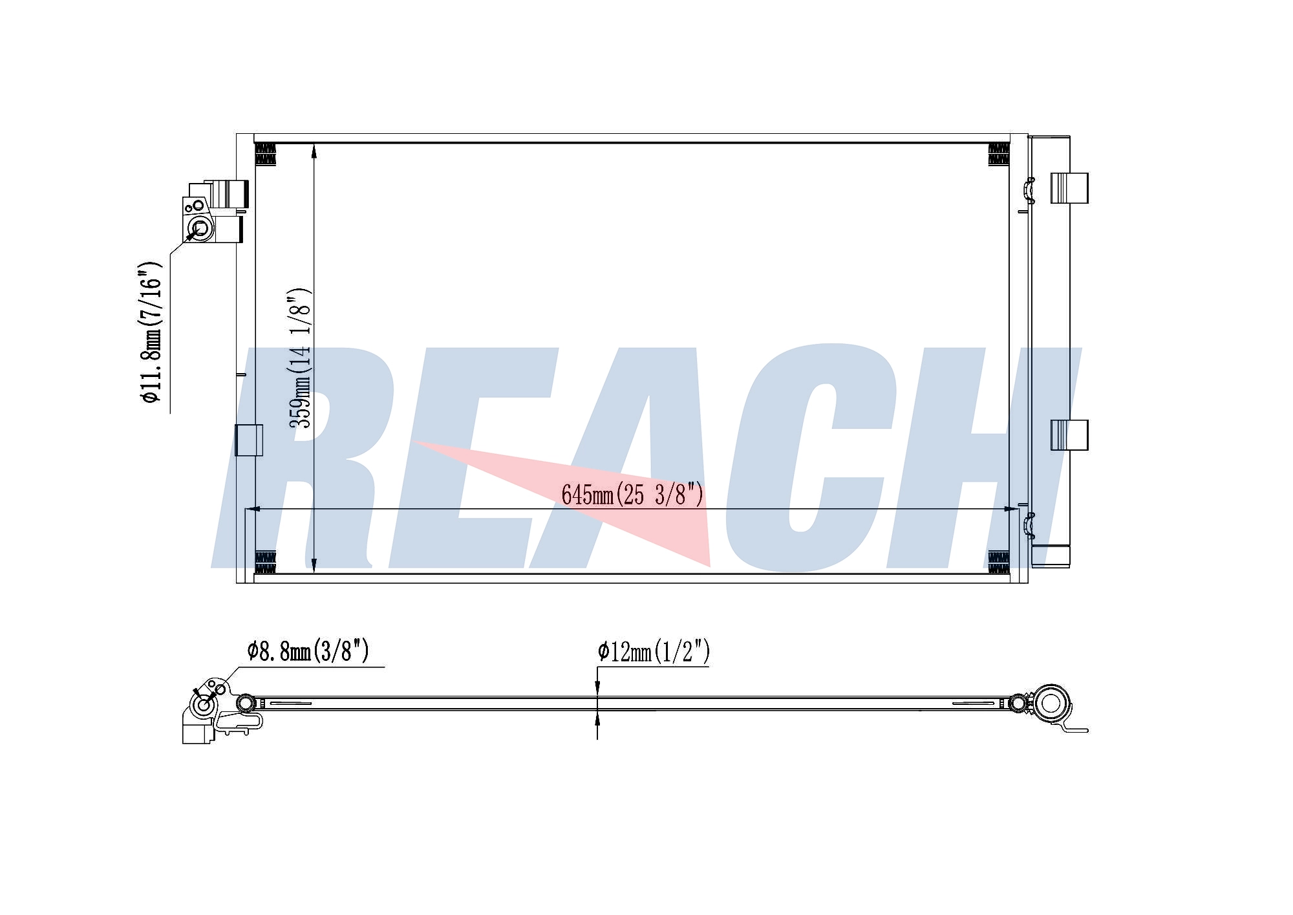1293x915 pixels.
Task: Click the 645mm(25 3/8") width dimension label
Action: pyautogui.click(x=632, y=495)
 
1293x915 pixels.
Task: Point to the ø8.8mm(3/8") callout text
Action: pyautogui.click(x=308, y=651)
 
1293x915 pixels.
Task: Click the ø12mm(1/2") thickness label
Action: pyautogui.click(x=654, y=651)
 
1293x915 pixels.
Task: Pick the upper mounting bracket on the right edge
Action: pyautogui.click(x=1069, y=188)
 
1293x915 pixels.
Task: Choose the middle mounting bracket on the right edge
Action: pyautogui.click(x=1069, y=435)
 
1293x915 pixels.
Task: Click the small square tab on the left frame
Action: pyautogui.click(x=249, y=440)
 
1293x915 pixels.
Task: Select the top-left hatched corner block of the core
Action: pyautogui.click(x=266, y=154)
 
